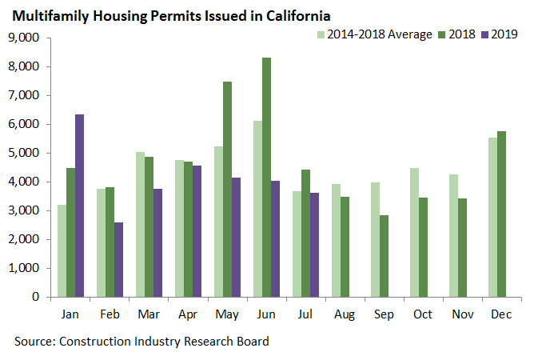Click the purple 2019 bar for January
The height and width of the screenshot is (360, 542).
coord(79,206)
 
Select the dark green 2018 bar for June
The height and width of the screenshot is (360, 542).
coord(266,177)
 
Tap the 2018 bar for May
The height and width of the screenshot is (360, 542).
coord(227,189)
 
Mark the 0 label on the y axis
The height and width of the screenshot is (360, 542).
coord(35,297)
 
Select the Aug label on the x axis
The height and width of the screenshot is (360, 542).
coord(345,313)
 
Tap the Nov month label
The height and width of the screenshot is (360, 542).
coord(462,313)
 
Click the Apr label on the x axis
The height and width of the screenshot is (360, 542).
coord(188,313)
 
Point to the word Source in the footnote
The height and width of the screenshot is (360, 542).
coord(36,342)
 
